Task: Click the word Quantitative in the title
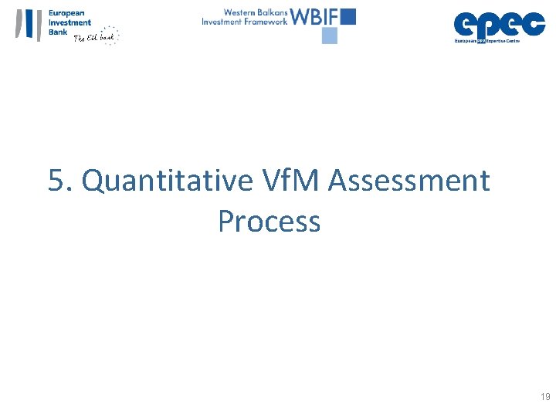166,181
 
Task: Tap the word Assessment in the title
409,181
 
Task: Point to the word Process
269,222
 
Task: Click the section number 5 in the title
56,181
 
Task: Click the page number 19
545,397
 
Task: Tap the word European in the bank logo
67,13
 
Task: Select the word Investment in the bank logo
69,22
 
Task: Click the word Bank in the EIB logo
58,32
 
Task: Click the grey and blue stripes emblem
29,24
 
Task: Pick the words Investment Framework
244,22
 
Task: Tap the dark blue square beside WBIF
347,16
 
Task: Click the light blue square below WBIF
330,36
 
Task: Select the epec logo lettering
499,24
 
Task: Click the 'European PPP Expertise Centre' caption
487,40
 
